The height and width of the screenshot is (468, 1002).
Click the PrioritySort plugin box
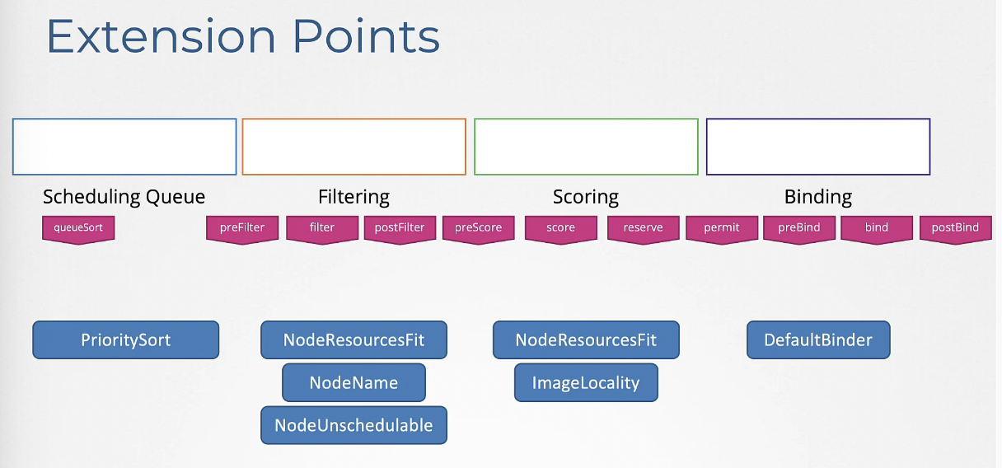click(x=126, y=339)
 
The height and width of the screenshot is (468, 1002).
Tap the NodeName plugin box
click(x=354, y=382)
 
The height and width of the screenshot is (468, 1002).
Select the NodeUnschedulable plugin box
click(x=354, y=425)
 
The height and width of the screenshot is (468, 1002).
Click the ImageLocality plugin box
click(x=586, y=382)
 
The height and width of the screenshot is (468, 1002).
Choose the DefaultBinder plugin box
click(x=818, y=339)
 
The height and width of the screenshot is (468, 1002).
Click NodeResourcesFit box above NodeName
click(x=354, y=339)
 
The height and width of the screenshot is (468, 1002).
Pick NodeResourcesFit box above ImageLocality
click(x=586, y=339)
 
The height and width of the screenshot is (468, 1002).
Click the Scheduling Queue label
click(x=124, y=197)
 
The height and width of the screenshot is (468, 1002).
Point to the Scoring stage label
click(x=586, y=197)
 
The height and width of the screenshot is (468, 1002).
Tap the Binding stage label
click(x=818, y=197)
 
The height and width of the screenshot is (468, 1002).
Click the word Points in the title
click(x=367, y=36)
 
